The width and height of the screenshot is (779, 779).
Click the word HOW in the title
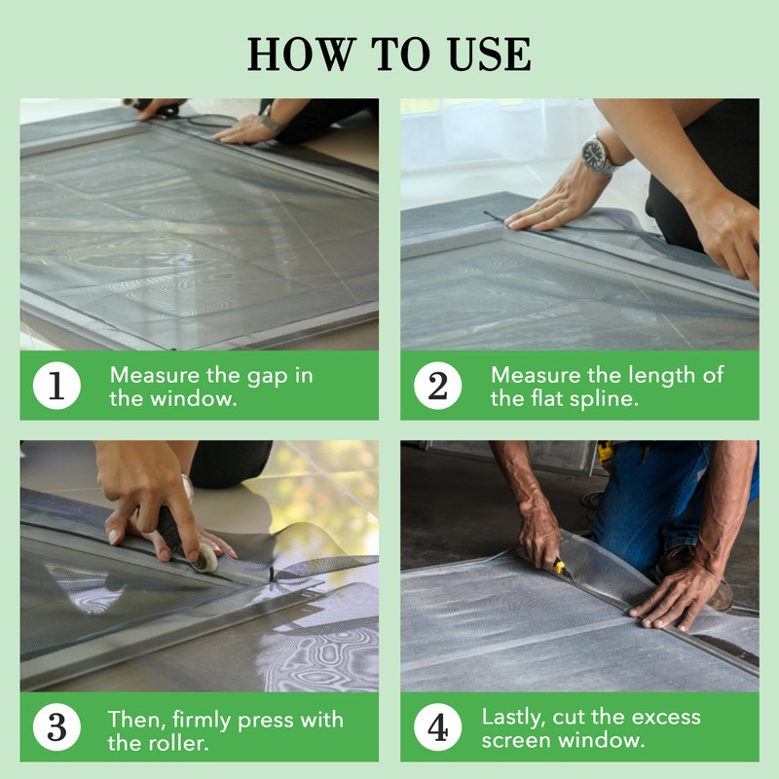tap(302, 54)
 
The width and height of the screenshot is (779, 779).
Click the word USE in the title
tap(490, 54)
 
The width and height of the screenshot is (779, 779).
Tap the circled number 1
tap(56, 386)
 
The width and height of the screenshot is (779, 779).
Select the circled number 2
tap(437, 386)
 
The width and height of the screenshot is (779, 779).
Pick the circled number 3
tap(56, 726)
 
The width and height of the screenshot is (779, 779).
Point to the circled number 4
tap(437, 726)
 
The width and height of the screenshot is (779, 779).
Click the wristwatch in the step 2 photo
tap(598, 154)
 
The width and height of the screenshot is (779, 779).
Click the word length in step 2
tap(660, 376)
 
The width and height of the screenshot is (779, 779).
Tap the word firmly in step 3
tap(203, 721)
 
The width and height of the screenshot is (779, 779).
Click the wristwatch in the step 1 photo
tap(270, 120)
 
